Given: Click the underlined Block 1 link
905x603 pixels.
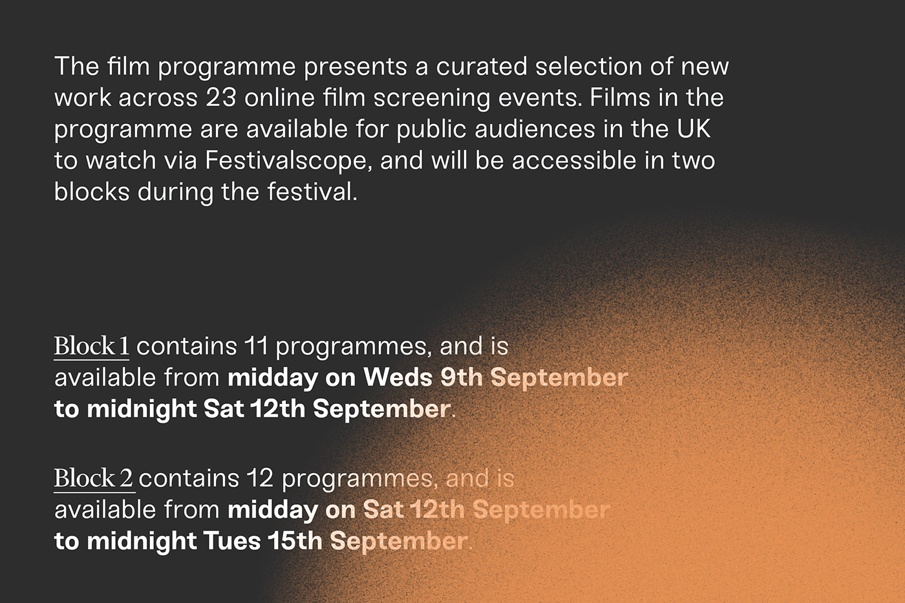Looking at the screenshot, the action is pyautogui.click(x=92, y=346).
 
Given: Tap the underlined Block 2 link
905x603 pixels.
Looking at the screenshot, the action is pyautogui.click(x=94, y=479).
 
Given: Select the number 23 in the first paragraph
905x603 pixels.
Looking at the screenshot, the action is pyautogui.click(x=220, y=98).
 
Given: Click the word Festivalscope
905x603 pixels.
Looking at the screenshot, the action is pyautogui.click(x=288, y=160).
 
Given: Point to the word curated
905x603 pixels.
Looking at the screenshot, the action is pyautogui.click(x=481, y=66).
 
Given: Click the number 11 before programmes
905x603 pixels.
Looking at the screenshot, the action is pyautogui.click(x=256, y=346).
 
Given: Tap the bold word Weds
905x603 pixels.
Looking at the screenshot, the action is pyautogui.click(x=398, y=377).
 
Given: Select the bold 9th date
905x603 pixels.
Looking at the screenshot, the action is pyautogui.click(x=462, y=377).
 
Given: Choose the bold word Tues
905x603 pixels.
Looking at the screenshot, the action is pyautogui.click(x=232, y=541).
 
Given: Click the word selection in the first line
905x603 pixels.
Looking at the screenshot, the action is pyautogui.click(x=589, y=66).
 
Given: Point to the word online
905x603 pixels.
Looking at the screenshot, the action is pyautogui.click(x=279, y=98).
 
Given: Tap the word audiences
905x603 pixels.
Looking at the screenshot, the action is pyautogui.click(x=535, y=129).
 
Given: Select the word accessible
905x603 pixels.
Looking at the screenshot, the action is pyautogui.click(x=574, y=160).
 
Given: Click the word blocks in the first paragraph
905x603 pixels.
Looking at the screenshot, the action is pyautogui.click(x=92, y=191).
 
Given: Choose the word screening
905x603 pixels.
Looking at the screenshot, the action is pyautogui.click(x=432, y=98).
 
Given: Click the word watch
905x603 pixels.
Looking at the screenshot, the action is pyautogui.click(x=121, y=160).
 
